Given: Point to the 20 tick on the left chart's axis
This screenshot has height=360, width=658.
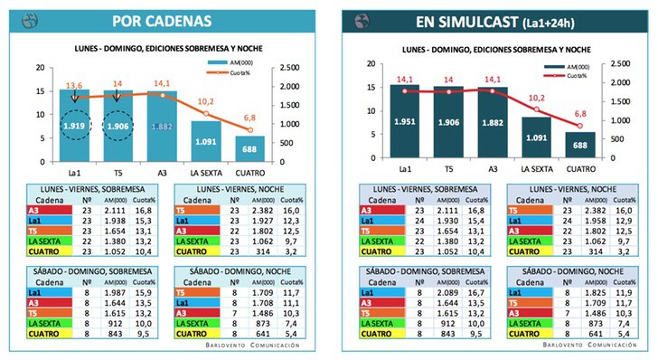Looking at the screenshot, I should (x=39, y=67).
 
